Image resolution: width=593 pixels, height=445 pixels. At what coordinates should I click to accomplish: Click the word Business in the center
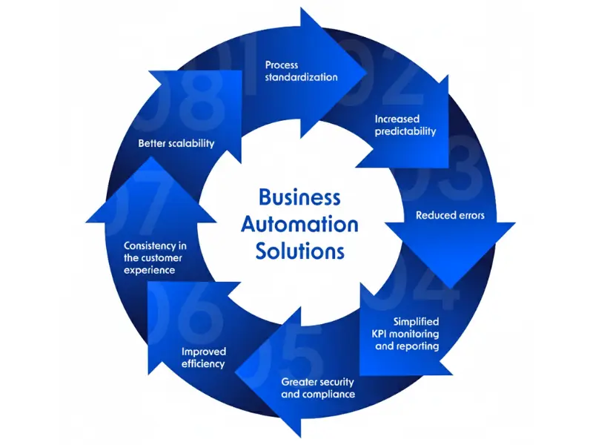point(299,197)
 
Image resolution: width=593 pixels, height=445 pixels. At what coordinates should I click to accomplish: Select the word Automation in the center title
point(299,224)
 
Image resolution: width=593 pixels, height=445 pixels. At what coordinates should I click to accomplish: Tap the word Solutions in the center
point(299,251)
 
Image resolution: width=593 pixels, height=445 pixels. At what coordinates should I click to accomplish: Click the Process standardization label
point(301,71)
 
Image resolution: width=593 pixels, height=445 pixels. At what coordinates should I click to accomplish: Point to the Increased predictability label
point(405,125)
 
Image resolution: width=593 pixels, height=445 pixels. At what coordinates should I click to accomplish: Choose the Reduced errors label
point(449,216)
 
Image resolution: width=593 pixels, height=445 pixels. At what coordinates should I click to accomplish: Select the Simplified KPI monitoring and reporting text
point(406,334)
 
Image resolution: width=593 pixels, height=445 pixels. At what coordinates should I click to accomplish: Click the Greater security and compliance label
point(317,388)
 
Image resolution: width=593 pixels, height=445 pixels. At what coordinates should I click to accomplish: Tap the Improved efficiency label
point(203,357)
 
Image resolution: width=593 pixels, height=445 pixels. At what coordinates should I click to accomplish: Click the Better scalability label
point(176,143)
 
